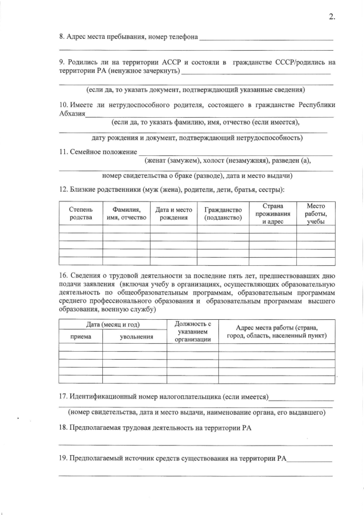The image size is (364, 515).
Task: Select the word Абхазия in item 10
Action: (x=72, y=114)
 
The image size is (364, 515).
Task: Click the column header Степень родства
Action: (x=81, y=213)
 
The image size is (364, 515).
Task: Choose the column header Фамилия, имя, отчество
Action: (x=126, y=213)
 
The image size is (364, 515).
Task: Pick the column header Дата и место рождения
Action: (x=173, y=213)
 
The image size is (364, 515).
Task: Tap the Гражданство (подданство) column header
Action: (x=223, y=213)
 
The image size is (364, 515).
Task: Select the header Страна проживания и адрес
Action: (x=272, y=213)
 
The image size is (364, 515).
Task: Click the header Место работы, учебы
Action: (x=316, y=213)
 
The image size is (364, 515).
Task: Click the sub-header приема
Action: (x=80, y=336)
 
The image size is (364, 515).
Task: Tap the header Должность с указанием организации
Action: (x=192, y=331)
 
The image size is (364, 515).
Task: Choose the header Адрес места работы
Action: (x=276, y=331)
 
